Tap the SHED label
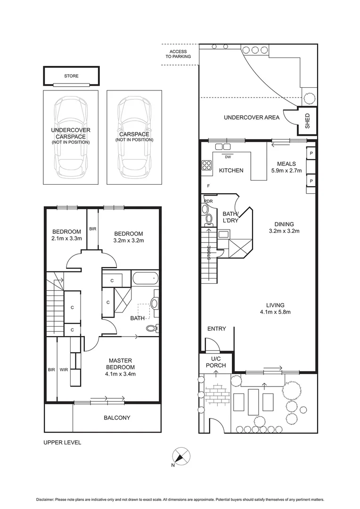(308, 121)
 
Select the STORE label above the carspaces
(72, 76)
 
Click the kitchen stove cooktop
(207, 165)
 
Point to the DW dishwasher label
(228, 157)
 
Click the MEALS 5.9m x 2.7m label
(286, 167)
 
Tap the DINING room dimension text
(284, 231)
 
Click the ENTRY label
(217, 328)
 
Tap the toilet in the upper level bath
(152, 328)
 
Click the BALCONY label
(117, 418)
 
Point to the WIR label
(64, 369)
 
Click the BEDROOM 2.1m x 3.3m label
(67, 235)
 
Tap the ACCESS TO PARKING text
(178, 54)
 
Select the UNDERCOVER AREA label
(252, 117)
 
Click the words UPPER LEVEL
(62, 443)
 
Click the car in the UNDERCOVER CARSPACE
(71, 137)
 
